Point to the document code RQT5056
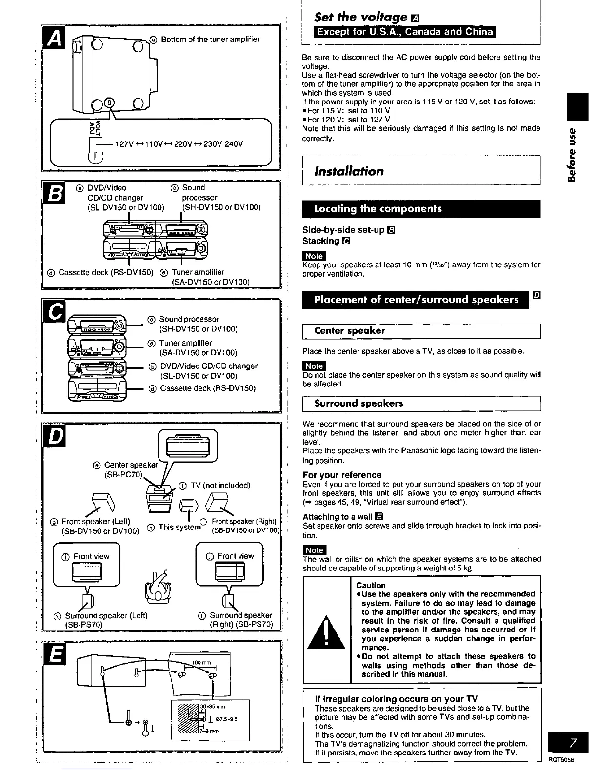tap(562, 760)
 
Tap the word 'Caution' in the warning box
tap(371, 585)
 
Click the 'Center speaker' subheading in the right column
tap(350, 331)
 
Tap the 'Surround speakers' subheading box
tap(359, 404)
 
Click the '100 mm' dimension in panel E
tap(199, 662)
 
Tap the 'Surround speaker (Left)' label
tap(106, 615)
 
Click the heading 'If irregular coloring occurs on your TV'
tap(397, 698)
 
